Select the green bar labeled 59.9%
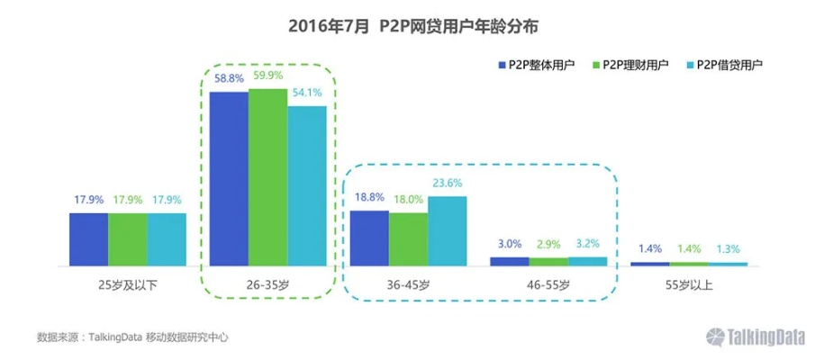coord(267,176)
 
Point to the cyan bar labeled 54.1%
coord(307,185)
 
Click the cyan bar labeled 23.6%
coord(448,231)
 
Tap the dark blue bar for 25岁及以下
coord(88,239)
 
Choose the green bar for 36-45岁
coord(408,238)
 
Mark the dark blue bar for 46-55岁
coord(509,261)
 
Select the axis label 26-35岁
coord(267,284)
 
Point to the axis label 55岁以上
coord(689,284)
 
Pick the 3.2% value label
coord(588,244)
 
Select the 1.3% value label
coord(728,249)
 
